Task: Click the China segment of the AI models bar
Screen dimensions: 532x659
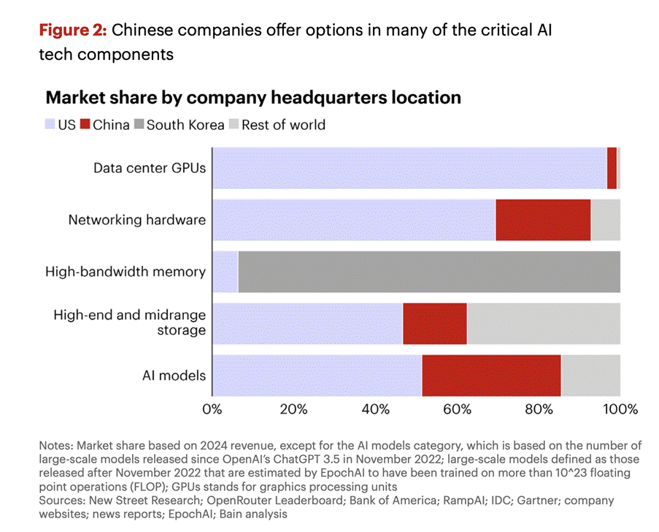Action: pyautogui.click(x=491, y=376)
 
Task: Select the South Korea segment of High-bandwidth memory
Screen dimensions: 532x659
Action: pyautogui.click(x=429, y=271)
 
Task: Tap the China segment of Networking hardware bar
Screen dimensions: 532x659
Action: pyautogui.click(x=543, y=220)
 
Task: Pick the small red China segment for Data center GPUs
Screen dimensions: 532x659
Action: pyautogui.click(x=612, y=168)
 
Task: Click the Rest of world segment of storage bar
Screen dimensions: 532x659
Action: pyautogui.click(x=543, y=323)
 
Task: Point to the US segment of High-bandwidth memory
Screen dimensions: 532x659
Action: pyautogui.click(x=225, y=271)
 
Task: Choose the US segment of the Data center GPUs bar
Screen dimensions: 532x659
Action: pyautogui.click(x=409, y=168)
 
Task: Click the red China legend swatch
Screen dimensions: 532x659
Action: pyautogui.click(x=85, y=125)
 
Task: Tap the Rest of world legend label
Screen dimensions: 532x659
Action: pyautogui.click(x=283, y=125)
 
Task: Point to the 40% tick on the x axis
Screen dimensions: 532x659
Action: pyautogui.click(x=375, y=409)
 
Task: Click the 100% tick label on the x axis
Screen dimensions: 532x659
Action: pyautogui.click(x=620, y=409)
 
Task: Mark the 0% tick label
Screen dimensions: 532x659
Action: pyautogui.click(x=212, y=409)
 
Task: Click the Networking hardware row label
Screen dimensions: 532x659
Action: pyautogui.click(x=136, y=220)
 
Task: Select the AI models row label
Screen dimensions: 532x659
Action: pyautogui.click(x=174, y=376)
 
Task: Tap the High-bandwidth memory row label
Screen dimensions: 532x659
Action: pyautogui.click(x=126, y=271)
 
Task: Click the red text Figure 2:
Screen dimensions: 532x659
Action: pyautogui.click(x=72, y=31)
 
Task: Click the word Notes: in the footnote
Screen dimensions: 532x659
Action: pyautogui.click(x=58, y=446)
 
